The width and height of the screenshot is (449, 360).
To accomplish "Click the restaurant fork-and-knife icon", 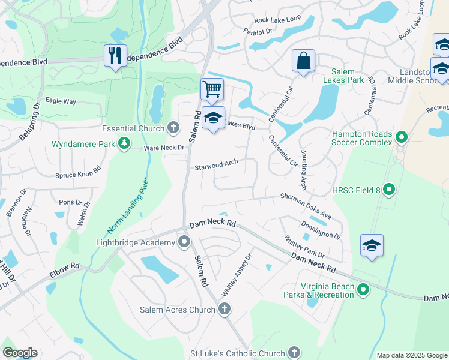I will pyautogui.click(x=114, y=56).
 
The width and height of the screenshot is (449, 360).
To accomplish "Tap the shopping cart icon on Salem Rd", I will pyautogui.click(x=212, y=89).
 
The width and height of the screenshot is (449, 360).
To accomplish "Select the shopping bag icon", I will pyautogui.click(x=304, y=61).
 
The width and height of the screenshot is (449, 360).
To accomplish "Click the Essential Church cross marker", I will pyautogui.click(x=173, y=128).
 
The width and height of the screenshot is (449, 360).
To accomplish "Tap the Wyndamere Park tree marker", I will pyautogui.click(x=124, y=143).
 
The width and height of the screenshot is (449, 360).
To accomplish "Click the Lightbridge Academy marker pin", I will pyautogui.click(x=184, y=242).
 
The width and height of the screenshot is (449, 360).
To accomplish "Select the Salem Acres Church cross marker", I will pyautogui.click(x=224, y=309).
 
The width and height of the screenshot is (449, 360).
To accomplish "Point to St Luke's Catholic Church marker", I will pyautogui.click(x=294, y=352).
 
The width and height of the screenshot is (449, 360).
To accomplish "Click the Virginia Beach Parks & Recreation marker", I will pyautogui.click(x=363, y=290).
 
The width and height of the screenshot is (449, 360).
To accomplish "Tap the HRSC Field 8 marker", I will pyautogui.click(x=388, y=190).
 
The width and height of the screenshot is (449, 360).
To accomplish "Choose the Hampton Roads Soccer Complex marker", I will pyautogui.click(x=401, y=139).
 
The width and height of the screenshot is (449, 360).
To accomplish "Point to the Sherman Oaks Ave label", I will pyautogui.click(x=306, y=206).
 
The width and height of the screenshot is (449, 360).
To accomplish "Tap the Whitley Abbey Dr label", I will pyautogui.click(x=235, y=275).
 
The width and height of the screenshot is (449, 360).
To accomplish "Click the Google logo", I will pyautogui.click(x=20, y=353).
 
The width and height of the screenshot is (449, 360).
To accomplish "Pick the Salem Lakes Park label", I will pyautogui.click(x=343, y=76).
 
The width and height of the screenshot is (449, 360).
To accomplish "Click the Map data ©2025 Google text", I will pyautogui.click(x=411, y=355).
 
